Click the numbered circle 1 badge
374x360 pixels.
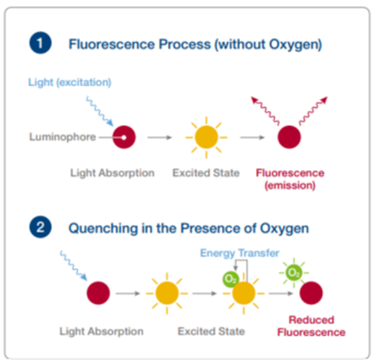click(40, 43)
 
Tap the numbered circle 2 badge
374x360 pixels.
click(40, 227)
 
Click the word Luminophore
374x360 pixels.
click(63, 137)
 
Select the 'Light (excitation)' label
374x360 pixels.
click(70, 82)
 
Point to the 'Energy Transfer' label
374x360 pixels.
click(240, 253)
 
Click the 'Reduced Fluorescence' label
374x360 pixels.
click(311, 326)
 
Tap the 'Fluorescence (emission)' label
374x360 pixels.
click(290, 179)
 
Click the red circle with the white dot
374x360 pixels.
click(124, 137)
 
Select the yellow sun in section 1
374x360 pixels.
click(206, 137)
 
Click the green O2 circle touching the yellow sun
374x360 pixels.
click(230, 279)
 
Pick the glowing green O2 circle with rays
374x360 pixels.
click(294, 273)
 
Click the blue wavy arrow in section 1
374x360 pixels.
click(100, 111)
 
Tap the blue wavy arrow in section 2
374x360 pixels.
click(74, 265)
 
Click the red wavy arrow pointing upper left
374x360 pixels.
click(265, 110)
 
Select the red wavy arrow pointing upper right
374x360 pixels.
click(313, 110)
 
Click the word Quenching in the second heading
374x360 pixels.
click(103, 229)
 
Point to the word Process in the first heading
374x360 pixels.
click(185, 44)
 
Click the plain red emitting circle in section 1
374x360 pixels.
click(289, 137)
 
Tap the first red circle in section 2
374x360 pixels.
click(99, 293)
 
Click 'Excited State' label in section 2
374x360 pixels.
click(211, 331)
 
